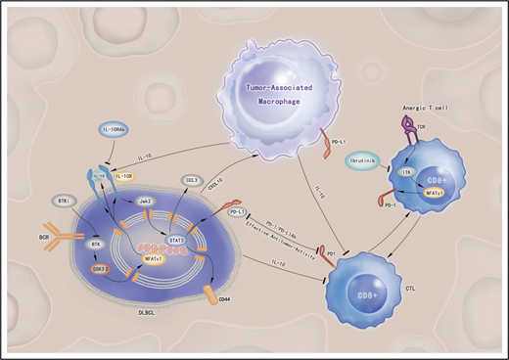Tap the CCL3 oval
coord(193,182)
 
